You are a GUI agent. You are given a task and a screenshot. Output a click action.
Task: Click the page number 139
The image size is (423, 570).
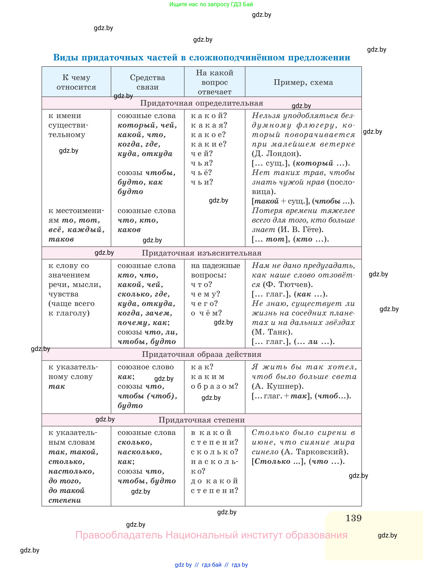point(353,518)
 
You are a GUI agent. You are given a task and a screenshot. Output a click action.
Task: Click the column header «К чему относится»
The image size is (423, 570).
point(76,82)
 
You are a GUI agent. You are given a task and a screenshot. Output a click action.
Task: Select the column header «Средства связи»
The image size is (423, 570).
point(147,82)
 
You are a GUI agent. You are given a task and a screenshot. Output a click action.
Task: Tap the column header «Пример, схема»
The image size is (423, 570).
point(303,82)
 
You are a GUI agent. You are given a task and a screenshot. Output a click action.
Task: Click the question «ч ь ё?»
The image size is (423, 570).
point(201,172)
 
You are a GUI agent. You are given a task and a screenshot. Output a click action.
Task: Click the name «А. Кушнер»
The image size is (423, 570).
point(278,386)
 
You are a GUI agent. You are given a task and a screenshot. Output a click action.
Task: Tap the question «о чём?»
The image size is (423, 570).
point(206,313)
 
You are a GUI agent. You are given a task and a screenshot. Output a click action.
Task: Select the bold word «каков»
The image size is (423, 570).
point(129,230)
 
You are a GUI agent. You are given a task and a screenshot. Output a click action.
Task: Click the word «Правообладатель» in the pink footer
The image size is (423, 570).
point(119,535)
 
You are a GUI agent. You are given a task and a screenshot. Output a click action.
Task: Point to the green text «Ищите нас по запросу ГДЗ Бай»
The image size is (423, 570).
point(211,4)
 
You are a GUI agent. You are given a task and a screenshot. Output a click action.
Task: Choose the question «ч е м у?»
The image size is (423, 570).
point(205,294)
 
